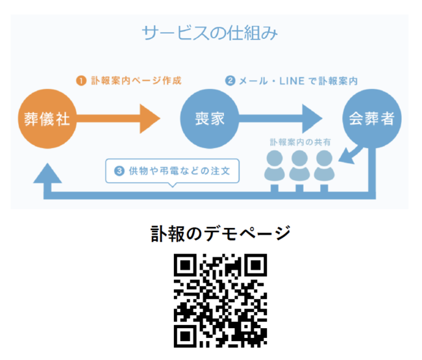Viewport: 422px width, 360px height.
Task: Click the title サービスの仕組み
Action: tap(210, 32)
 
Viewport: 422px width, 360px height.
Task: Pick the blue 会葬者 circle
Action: tap(371, 119)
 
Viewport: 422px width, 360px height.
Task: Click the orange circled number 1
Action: tap(81, 81)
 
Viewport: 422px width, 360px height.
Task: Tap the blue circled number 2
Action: tap(230, 81)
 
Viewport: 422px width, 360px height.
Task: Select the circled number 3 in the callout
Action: tap(119, 172)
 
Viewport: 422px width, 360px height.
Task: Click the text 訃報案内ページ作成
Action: tap(136, 81)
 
